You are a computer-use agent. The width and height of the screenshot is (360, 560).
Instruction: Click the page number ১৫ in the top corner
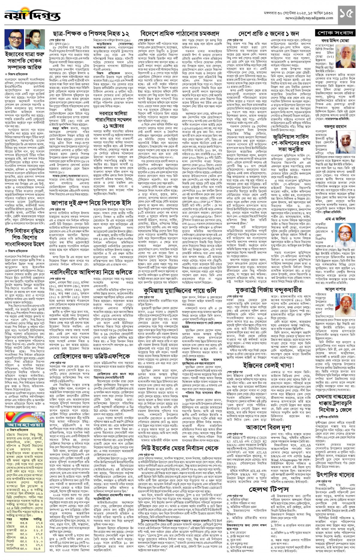click(347, 13)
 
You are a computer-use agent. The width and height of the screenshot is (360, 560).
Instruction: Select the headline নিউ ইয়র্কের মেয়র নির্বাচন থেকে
click(180, 448)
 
